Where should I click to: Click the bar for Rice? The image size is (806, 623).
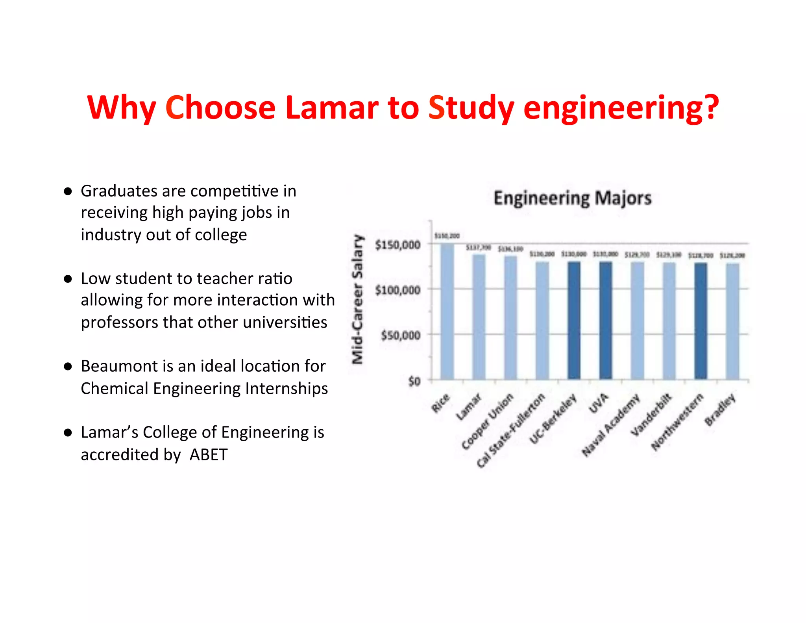point(447,311)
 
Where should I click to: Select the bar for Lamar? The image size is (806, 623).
point(479,317)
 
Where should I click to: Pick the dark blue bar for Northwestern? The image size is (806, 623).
point(701,321)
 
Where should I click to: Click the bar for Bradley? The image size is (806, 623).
point(732,321)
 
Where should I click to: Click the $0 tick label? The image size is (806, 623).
point(414,381)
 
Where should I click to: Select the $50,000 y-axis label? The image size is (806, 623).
point(400,336)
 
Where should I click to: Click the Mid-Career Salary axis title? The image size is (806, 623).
point(357,299)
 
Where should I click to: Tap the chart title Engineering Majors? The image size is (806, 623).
point(573,198)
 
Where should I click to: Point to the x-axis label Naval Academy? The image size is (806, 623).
point(611,425)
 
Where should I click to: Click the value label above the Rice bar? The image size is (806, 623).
point(447,236)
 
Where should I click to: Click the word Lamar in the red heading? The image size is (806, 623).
point(331,108)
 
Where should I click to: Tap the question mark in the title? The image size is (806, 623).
point(711,108)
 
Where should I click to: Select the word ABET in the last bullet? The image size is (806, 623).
point(209,455)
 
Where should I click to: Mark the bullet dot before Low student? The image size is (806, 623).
point(68,279)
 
